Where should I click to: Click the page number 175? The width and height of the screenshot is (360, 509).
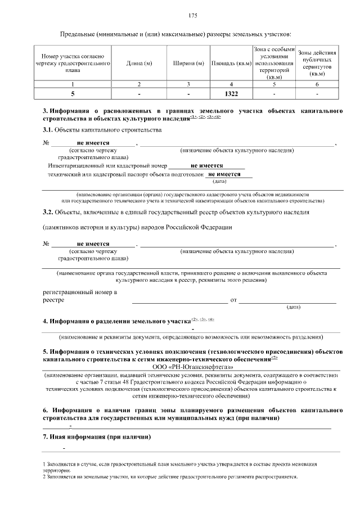(x=193, y=15)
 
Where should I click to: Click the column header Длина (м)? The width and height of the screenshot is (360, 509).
(x=139, y=64)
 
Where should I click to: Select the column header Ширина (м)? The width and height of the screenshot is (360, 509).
(x=188, y=64)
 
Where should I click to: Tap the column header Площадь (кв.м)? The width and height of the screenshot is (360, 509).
(x=231, y=64)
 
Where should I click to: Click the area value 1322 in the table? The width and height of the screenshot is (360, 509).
(x=231, y=93)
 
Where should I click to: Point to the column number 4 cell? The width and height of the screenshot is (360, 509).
(x=231, y=84)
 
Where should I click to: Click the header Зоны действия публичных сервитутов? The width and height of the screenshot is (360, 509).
(x=318, y=62)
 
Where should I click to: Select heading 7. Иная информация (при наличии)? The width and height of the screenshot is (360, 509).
(x=96, y=436)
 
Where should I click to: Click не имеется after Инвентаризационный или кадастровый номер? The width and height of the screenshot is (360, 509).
(x=207, y=166)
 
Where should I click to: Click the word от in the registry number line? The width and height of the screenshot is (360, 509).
(x=234, y=300)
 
